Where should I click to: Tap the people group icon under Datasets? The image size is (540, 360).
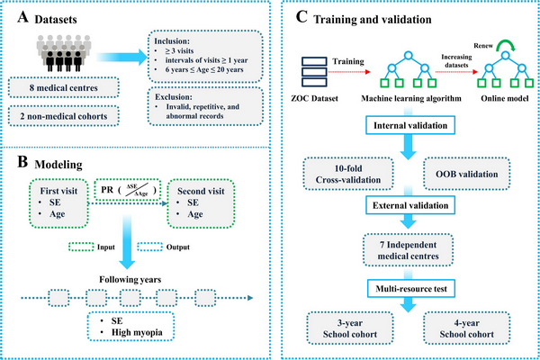pos(63,54)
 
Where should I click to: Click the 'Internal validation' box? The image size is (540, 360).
pos(409,123)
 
